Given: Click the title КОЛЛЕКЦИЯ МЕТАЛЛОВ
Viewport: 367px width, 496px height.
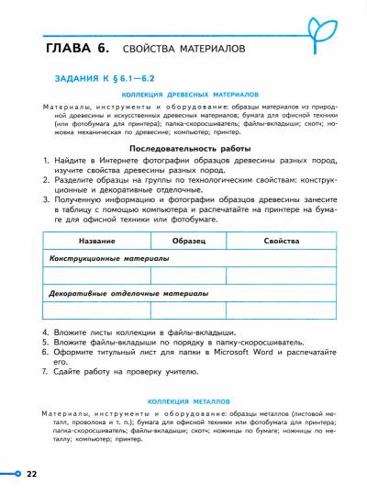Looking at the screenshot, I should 191,401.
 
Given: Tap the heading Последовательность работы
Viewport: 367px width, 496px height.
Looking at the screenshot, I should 191,148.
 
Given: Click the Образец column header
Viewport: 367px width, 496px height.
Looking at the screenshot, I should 190,241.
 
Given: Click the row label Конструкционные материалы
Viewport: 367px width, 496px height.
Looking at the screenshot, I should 109,258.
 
